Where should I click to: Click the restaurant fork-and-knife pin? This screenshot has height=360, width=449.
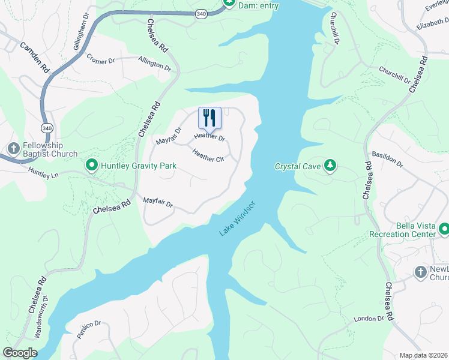[x=209, y=118]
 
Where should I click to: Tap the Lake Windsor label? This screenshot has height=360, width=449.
[x=238, y=218]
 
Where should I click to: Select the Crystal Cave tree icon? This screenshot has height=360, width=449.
[x=330, y=165]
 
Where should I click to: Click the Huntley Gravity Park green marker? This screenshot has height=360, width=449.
[x=92, y=164]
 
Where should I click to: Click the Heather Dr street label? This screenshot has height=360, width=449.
[x=209, y=138]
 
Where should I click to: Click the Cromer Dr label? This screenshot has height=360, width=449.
[x=100, y=58]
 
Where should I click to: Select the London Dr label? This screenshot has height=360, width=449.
[x=369, y=319]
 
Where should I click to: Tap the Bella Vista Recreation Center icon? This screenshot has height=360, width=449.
[x=444, y=229]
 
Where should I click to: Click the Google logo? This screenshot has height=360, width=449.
[x=20, y=353]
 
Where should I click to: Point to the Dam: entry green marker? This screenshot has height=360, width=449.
[x=228, y=3]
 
